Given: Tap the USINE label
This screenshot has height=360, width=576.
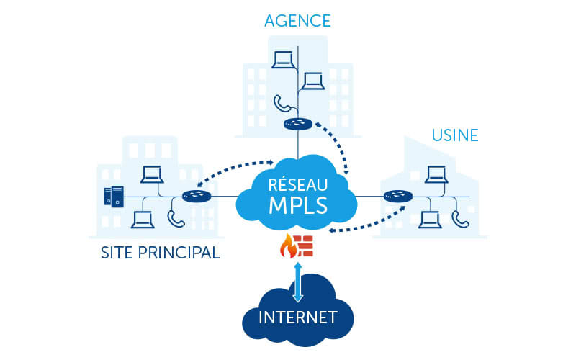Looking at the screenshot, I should click(x=455, y=135).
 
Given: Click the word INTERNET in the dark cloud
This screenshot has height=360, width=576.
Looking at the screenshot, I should click(x=298, y=316).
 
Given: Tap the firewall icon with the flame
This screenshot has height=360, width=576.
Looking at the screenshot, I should click(x=297, y=246).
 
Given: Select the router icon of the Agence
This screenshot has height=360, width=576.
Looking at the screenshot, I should click(x=297, y=125).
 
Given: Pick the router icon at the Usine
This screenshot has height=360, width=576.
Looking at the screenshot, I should click(x=397, y=195).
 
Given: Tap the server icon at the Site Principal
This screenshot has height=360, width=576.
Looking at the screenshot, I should click(x=114, y=196).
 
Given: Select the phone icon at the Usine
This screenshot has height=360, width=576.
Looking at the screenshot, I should click(x=458, y=217).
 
